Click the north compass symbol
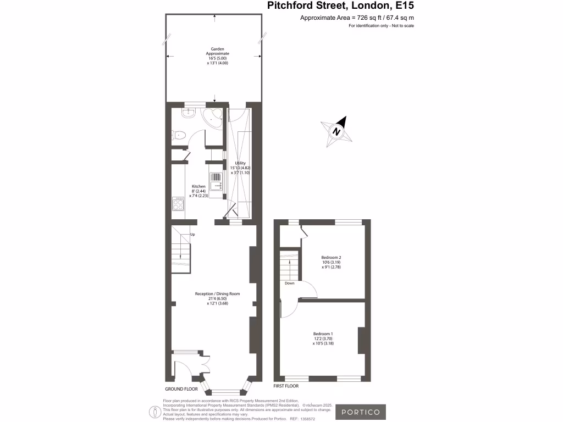coord(336,131)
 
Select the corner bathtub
coord(213,116)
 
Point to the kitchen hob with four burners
coord(178,204)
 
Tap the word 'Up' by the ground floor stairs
coord(192,235)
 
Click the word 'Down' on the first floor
coord(290,284)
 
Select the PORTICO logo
coord(361,412)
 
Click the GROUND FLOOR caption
coord(181,388)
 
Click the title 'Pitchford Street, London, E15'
coord(340,6)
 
